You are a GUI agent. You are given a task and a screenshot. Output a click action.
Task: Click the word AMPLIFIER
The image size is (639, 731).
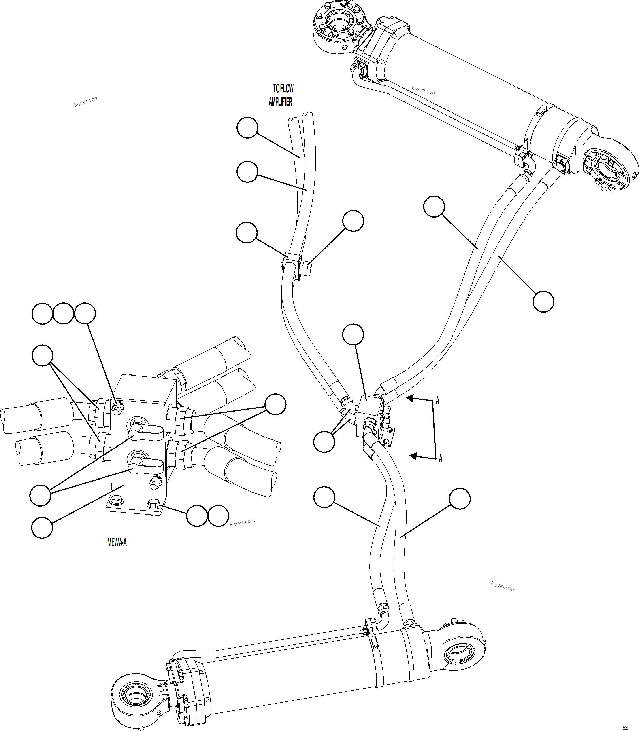point(280,102)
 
